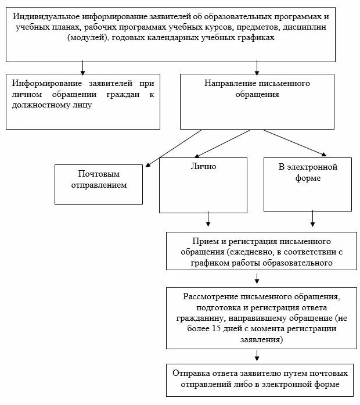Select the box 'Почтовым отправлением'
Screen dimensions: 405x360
click(x=99, y=184)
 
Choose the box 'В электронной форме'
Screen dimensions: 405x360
click(x=307, y=184)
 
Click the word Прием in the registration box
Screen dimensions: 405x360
click(x=203, y=241)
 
